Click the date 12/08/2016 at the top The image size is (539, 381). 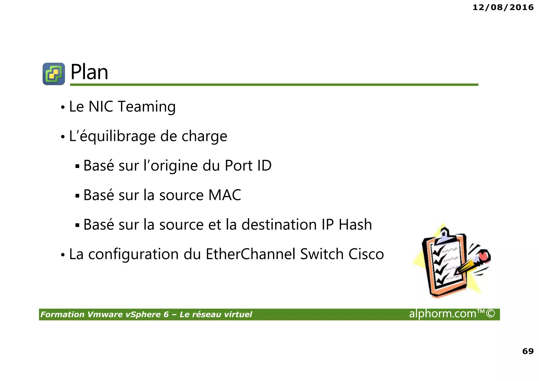pyautogui.click(x=503, y=7)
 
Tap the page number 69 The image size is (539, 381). pyautogui.click(x=528, y=351)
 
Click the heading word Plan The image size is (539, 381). pyautogui.click(x=89, y=72)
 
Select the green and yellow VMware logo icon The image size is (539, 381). pyautogui.click(x=54, y=74)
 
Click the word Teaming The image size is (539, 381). pyautogui.click(x=146, y=107)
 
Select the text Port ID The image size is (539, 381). pyautogui.click(x=248, y=166)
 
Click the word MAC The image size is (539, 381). pyautogui.click(x=224, y=195)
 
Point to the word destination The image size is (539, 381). pyautogui.click(x=279, y=225)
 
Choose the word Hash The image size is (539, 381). pyautogui.click(x=355, y=225)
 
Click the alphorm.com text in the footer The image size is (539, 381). pyautogui.click(x=443, y=314)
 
